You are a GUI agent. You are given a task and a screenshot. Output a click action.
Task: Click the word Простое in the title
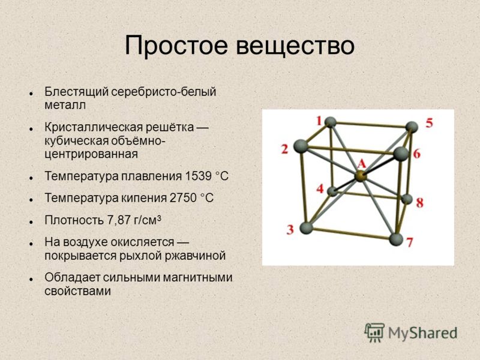click(x=176, y=46)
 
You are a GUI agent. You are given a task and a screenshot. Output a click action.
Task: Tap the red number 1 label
click(x=319, y=121)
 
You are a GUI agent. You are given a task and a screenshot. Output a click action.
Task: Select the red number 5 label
click(x=430, y=123)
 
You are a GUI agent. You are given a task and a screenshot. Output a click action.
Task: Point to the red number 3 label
click(x=290, y=229)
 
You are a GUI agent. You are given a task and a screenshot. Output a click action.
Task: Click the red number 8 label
click(x=419, y=202)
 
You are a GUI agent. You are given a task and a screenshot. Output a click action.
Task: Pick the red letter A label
click(x=362, y=164)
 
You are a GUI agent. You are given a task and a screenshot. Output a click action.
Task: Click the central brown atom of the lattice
click(x=361, y=176)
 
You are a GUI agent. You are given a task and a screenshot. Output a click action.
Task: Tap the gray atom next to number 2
click(x=301, y=146)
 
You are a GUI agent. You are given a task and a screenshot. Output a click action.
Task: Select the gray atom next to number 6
click(x=401, y=154)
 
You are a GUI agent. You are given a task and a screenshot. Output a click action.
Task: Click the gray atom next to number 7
click(x=396, y=239)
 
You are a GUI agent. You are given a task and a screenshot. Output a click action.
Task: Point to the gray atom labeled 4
click(x=332, y=191)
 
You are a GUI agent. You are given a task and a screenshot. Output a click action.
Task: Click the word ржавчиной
click(x=196, y=256)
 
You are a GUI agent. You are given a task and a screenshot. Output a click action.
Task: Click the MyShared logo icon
click(x=374, y=332)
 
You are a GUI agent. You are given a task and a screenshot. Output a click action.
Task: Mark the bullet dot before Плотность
click(x=31, y=221)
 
